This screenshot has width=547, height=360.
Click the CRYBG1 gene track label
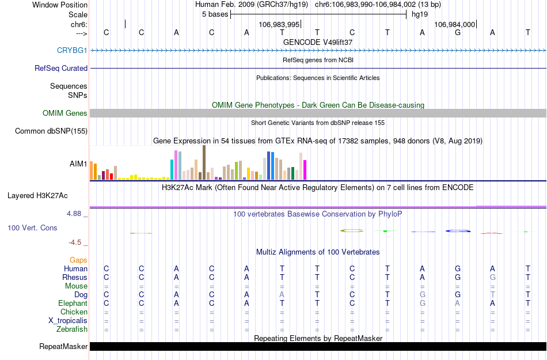(72, 51)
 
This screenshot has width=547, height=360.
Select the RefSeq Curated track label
(61, 69)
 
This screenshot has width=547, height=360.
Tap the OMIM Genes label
(64, 113)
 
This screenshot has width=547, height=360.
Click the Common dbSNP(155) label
(51, 131)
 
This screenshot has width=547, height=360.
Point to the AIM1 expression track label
(78, 164)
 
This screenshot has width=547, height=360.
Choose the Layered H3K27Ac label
(47, 195)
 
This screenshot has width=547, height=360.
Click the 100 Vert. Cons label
(32, 228)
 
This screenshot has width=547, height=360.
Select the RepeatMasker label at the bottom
(63, 347)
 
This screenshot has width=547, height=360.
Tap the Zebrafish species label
(72, 329)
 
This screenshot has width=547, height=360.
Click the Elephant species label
(73, 304)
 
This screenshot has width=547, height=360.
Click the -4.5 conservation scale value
(75, 242)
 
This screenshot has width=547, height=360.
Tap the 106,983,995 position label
(279, 25)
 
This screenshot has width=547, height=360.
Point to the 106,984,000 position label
(454, 25)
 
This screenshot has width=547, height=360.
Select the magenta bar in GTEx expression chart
(305, 170)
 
